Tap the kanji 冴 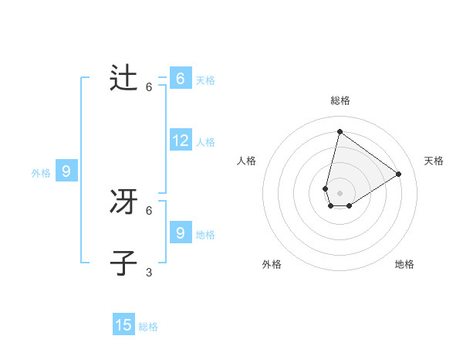tap(123, 202)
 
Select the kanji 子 tap(123, 263)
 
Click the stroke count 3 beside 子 tap(149, 272)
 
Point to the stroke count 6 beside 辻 tap(149, 87)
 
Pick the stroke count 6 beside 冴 tap(149, 210)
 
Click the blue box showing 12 tap(181, 141)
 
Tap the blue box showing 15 tap(123, 325)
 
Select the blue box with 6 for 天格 tap(181, 79)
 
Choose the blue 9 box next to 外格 tap(66, 171)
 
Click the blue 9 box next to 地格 tap(181, 232)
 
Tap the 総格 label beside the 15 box tap(148, 327)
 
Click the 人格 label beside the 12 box tap(205, 142)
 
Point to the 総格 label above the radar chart tap(340, 100)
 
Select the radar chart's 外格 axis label tap(272, 264)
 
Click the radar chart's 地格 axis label tap(404, 264)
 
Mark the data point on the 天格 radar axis tap(399, 174)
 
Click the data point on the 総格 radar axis tap(340, 131)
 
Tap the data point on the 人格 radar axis tap(326, 188)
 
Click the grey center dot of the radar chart tap(340, 193)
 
